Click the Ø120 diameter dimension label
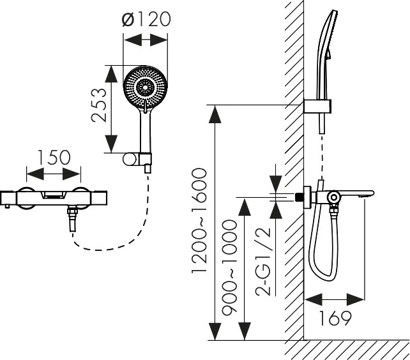click(x=146, y=19)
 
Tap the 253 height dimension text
click(x=99, y=105)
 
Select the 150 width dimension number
click(x=54, y=158)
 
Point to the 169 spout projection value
click(x=335, y=318)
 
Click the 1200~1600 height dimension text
click(x=199, y=221)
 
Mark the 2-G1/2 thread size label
click(x=263, y=262)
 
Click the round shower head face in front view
click(x=145, y=87)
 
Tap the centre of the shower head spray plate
click(x=144, y=87)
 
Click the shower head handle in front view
click(x=146, y=131)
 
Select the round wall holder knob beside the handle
click(x=130, y=160)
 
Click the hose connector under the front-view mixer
click(x=72, y=218)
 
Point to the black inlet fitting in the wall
click(x=299, y=197)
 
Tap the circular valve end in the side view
click(x=334, y=197)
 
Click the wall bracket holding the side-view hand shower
click(x=317, y=106)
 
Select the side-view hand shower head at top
click(x=326, y=54)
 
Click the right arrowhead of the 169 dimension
click(x=355, y=299)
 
